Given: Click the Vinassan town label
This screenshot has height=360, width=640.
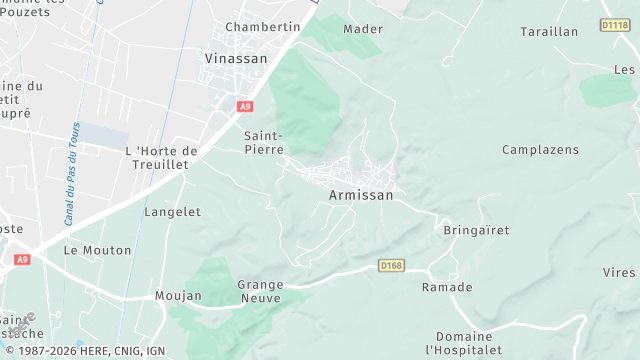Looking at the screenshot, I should pos(236,59).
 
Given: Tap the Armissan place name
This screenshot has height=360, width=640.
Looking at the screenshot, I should pos(361,196).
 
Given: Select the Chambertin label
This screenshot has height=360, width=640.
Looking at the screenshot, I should pos(263,26).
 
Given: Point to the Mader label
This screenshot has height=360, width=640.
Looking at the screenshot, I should pos(363,29).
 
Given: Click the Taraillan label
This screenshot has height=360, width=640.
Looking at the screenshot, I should pos(549,32).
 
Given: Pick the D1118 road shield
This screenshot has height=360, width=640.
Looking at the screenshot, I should pos(615,24).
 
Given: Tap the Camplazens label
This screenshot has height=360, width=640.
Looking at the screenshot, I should pos(540,150).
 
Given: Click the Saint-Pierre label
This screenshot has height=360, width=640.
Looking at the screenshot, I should pos(264,141).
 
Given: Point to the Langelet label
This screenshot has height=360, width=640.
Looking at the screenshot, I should pos(173,212).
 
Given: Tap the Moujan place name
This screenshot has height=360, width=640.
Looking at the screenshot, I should pos(178,296).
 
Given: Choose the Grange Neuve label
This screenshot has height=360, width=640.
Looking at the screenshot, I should pos(260,291).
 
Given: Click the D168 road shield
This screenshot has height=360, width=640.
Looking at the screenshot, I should pos(391,265).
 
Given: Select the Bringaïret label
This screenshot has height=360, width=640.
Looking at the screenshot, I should pos(476,230).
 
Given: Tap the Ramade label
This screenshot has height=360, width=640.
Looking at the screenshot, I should pos(447,288).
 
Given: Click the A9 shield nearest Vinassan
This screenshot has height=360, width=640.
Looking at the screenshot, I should pos(245,105).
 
